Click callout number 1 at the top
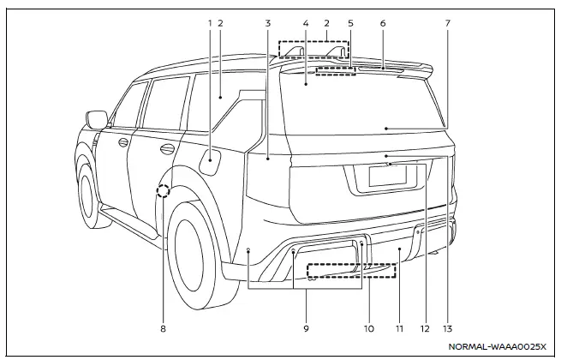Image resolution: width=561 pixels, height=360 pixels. (x=209, y=23)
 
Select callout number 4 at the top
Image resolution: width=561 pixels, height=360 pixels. (x=306, y=23)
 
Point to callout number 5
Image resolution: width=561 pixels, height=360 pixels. (x=349, y=23)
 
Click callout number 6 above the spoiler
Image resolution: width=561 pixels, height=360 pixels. (x=381, y=23)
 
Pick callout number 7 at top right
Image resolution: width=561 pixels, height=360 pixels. (x=446, y=23)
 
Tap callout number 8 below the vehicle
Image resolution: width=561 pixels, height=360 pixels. (x=162, y=327)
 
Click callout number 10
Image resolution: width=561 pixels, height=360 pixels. (x=367, y=327)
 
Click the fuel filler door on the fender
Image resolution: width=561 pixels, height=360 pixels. (x=212, y=160)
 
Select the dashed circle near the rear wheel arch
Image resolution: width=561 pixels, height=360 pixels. (x=163, y=191)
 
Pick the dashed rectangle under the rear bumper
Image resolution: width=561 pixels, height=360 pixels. (x=352, y=271)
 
